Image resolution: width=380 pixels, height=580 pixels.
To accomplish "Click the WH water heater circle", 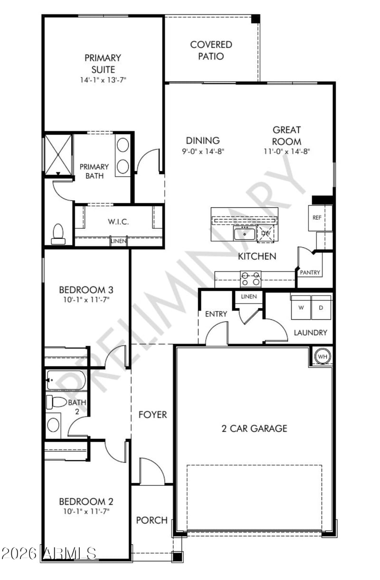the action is click(x=323, y=356).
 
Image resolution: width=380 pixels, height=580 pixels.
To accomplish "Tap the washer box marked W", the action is click(x=301, y=307).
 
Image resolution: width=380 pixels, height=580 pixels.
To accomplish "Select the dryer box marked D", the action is click(x=321, y=307).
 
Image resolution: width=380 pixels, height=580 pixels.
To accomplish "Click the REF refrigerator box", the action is click(x=317, y=218).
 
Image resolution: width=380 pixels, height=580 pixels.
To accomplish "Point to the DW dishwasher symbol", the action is click(x=266, y=233).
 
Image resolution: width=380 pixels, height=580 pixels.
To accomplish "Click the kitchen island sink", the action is click(x=245, y=233).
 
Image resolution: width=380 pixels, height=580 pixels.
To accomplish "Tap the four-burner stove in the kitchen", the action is click(x=250, y=279).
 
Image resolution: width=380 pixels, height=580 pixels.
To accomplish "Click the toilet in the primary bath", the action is click(x=58, y=234).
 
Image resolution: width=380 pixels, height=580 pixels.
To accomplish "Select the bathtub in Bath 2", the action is click(x=66, y=380).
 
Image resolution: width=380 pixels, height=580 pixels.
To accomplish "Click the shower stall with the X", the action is click(x=58, y=155).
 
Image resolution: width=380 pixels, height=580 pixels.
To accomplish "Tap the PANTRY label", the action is click(x=310, y=272).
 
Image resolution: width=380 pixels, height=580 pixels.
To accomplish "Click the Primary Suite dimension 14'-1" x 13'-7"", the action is click(x=103, y=80).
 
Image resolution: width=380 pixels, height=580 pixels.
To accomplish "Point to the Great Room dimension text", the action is click(x=286, y=151).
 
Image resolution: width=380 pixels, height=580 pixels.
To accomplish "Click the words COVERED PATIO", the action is click(x=211, y=50).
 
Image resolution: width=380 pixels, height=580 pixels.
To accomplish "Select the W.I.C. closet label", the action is click(x=118, y=222).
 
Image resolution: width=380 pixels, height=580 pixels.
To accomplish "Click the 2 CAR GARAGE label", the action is click(x=254, y=428).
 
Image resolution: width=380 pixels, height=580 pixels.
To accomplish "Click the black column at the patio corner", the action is click(x=256, y=19).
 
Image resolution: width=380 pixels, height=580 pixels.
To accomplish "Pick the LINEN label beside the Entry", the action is click(x=249, y=297).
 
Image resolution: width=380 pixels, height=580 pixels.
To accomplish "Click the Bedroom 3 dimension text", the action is click(x=86, y=300).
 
